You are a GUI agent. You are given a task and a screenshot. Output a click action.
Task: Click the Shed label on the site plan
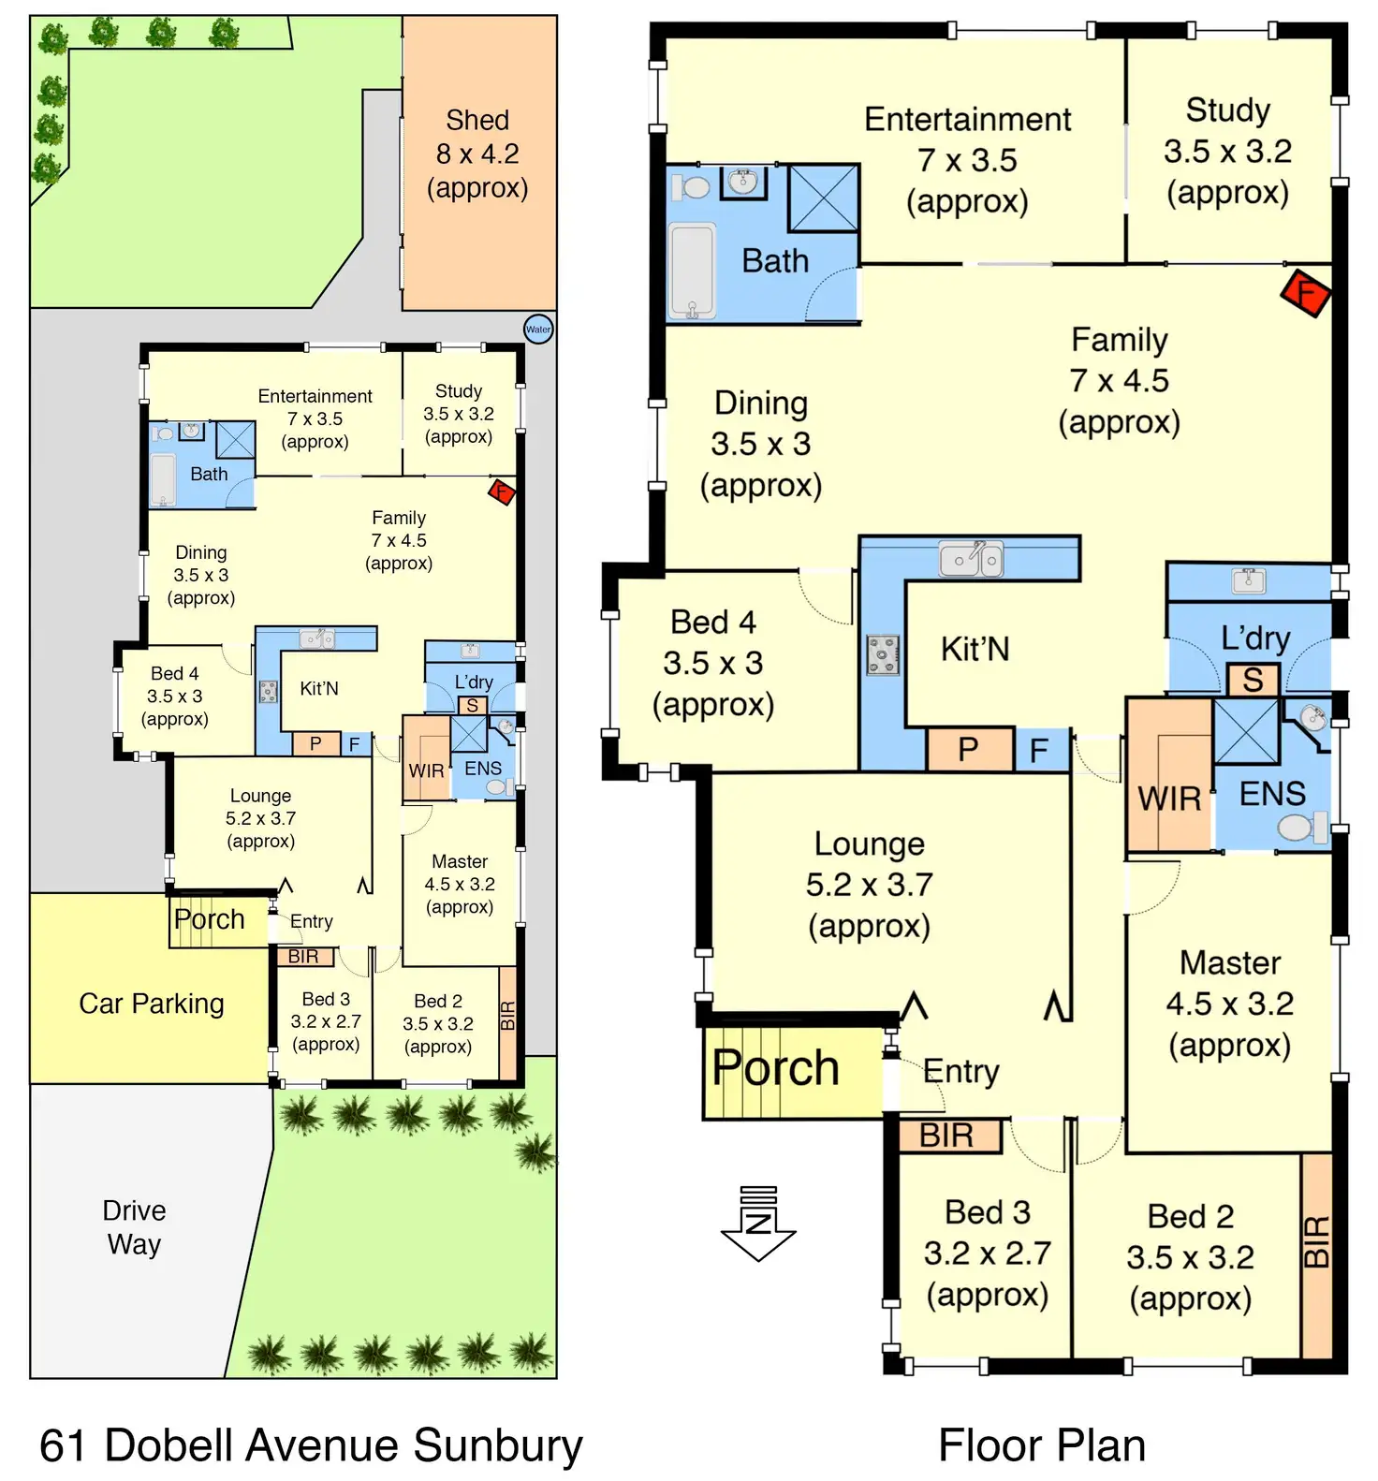(x=477, y=121)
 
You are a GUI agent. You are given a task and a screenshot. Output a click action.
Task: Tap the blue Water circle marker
(x=538, y=330)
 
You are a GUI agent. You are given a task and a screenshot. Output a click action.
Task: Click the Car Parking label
(x=152, y=1004)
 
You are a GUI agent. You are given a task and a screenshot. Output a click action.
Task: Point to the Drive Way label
(x=134, y=1227)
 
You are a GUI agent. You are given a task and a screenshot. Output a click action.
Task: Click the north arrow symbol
(x=758, y=1224)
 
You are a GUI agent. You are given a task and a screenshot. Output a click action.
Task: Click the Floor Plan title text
(x=1042, y=1445)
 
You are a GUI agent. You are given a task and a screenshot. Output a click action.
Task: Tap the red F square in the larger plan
(x=1305, y=294)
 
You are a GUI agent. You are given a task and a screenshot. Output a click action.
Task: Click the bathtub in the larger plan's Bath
(x=693, y=271)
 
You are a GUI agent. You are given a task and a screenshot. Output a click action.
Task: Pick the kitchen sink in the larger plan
(x=971, y=559)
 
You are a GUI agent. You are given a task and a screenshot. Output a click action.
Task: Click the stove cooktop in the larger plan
(x=883, y=655)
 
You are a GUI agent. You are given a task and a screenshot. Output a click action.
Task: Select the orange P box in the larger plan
(x=969, y=749)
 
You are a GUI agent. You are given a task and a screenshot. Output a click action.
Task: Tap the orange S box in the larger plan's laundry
(x=1253, y=680)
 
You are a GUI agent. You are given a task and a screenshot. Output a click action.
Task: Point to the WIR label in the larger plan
(x=1169, y=799)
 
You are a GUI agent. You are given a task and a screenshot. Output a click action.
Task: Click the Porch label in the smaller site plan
(x=210, y=919)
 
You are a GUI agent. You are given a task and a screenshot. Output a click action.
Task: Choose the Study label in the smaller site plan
(x=459, y=391)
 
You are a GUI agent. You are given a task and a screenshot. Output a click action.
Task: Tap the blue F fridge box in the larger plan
(x=1039, y=750)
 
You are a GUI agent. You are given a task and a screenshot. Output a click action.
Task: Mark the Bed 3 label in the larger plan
(x=988, y=1212)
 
